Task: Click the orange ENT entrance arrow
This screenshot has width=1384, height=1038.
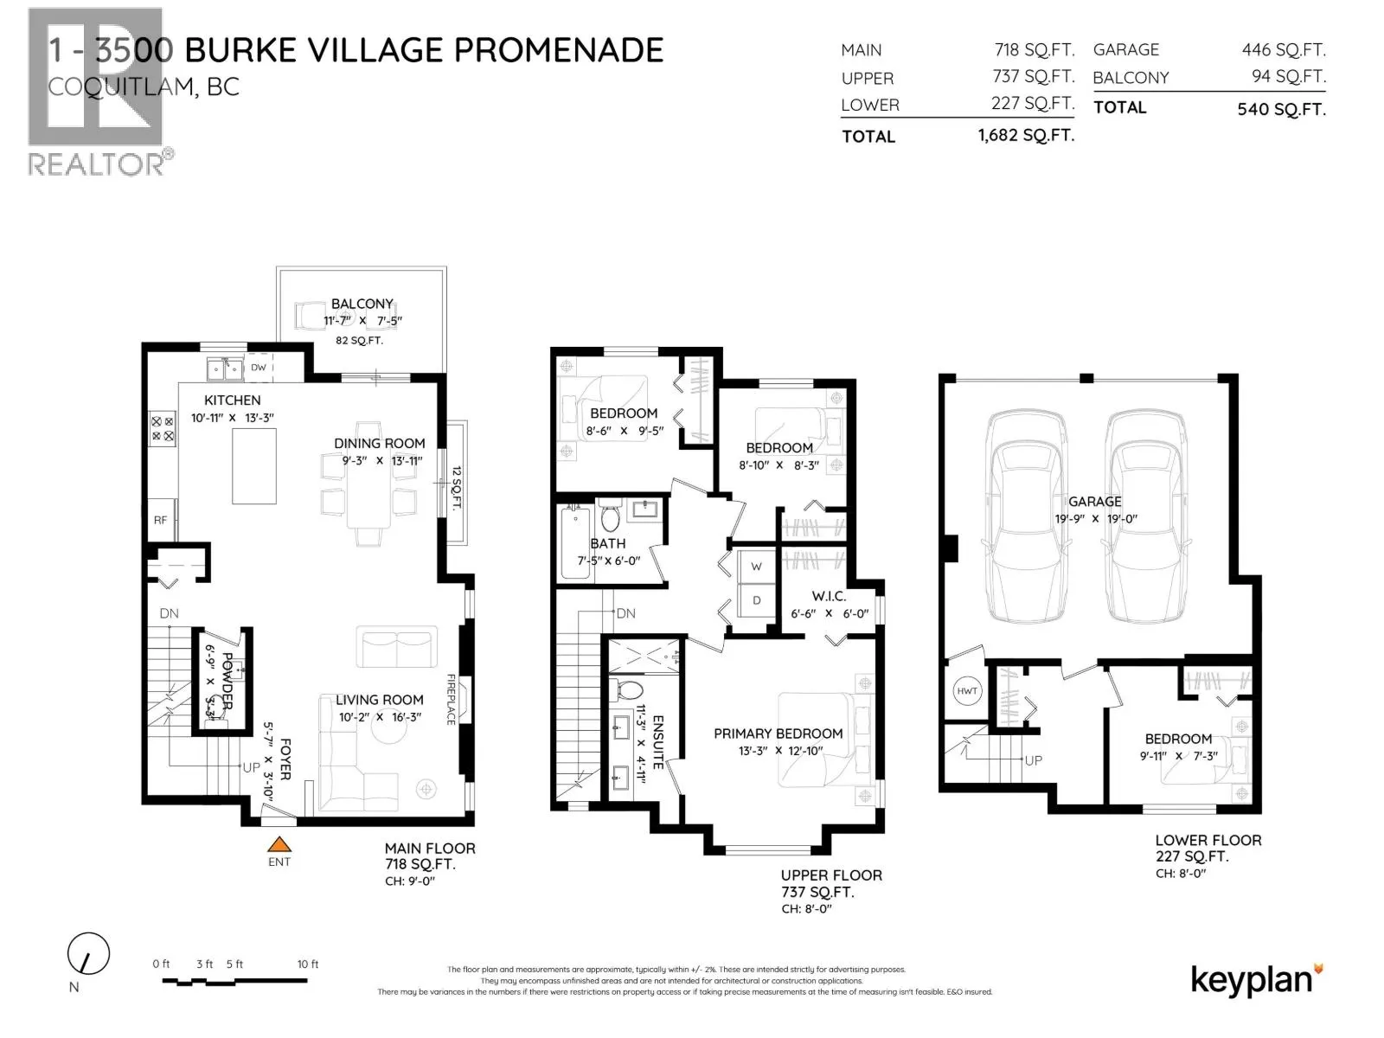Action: click(x=279, y=845)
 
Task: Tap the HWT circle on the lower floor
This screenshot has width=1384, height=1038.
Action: click(x=967, y=691)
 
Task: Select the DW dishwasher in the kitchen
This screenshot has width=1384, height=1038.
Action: click(x=259, y=368)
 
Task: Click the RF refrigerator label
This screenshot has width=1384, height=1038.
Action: click(x=160, y=520)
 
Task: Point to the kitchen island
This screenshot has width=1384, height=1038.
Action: click(x=253, y=465)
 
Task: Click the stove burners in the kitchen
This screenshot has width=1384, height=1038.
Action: click(x=163, y=429)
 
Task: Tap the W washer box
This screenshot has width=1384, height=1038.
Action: click(x=756, y=567)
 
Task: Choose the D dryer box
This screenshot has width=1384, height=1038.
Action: click(x=756, y=600)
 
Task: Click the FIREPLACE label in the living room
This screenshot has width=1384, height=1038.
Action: click(x=452, y=699)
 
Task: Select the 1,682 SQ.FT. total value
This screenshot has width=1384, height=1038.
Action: click(x=1026, y=135)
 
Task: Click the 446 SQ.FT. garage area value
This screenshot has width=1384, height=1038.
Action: click(x=1284, y=50)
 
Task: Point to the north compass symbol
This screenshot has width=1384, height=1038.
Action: click(x=88, y=956)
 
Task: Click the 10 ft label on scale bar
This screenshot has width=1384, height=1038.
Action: click(x=308, y=964)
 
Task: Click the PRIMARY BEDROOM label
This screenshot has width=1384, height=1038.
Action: click(x=778, y=734)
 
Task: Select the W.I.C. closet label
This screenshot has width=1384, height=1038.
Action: click(x=828, y=596)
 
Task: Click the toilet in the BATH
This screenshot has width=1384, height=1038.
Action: click(x=611, y=518)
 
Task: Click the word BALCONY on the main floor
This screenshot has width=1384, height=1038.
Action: click(x=362, y=304)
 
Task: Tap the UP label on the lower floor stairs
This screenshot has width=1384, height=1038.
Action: click(x=1033, y=760)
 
